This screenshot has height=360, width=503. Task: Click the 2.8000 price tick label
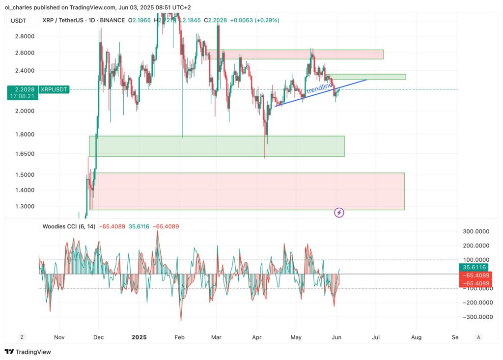[24, 36]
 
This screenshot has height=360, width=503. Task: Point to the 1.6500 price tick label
[24, 154]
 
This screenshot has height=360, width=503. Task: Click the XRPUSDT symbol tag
[54, 89]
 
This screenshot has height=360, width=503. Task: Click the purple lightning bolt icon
[339, 213]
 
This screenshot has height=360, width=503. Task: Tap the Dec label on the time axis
[98, 337]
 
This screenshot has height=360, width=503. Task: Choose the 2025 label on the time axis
[139, 337]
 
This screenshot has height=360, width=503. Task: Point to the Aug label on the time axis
[416, 337]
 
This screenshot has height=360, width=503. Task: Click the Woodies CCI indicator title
[69, 226]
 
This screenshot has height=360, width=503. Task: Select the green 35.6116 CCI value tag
[474, 267]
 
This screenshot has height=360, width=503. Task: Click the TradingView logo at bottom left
[28, 352]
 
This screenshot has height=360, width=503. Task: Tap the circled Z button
[22, 337]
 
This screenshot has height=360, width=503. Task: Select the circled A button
[478, 337]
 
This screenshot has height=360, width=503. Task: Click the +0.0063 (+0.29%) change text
[255, 20]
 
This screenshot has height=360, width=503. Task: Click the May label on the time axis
[296, 337]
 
